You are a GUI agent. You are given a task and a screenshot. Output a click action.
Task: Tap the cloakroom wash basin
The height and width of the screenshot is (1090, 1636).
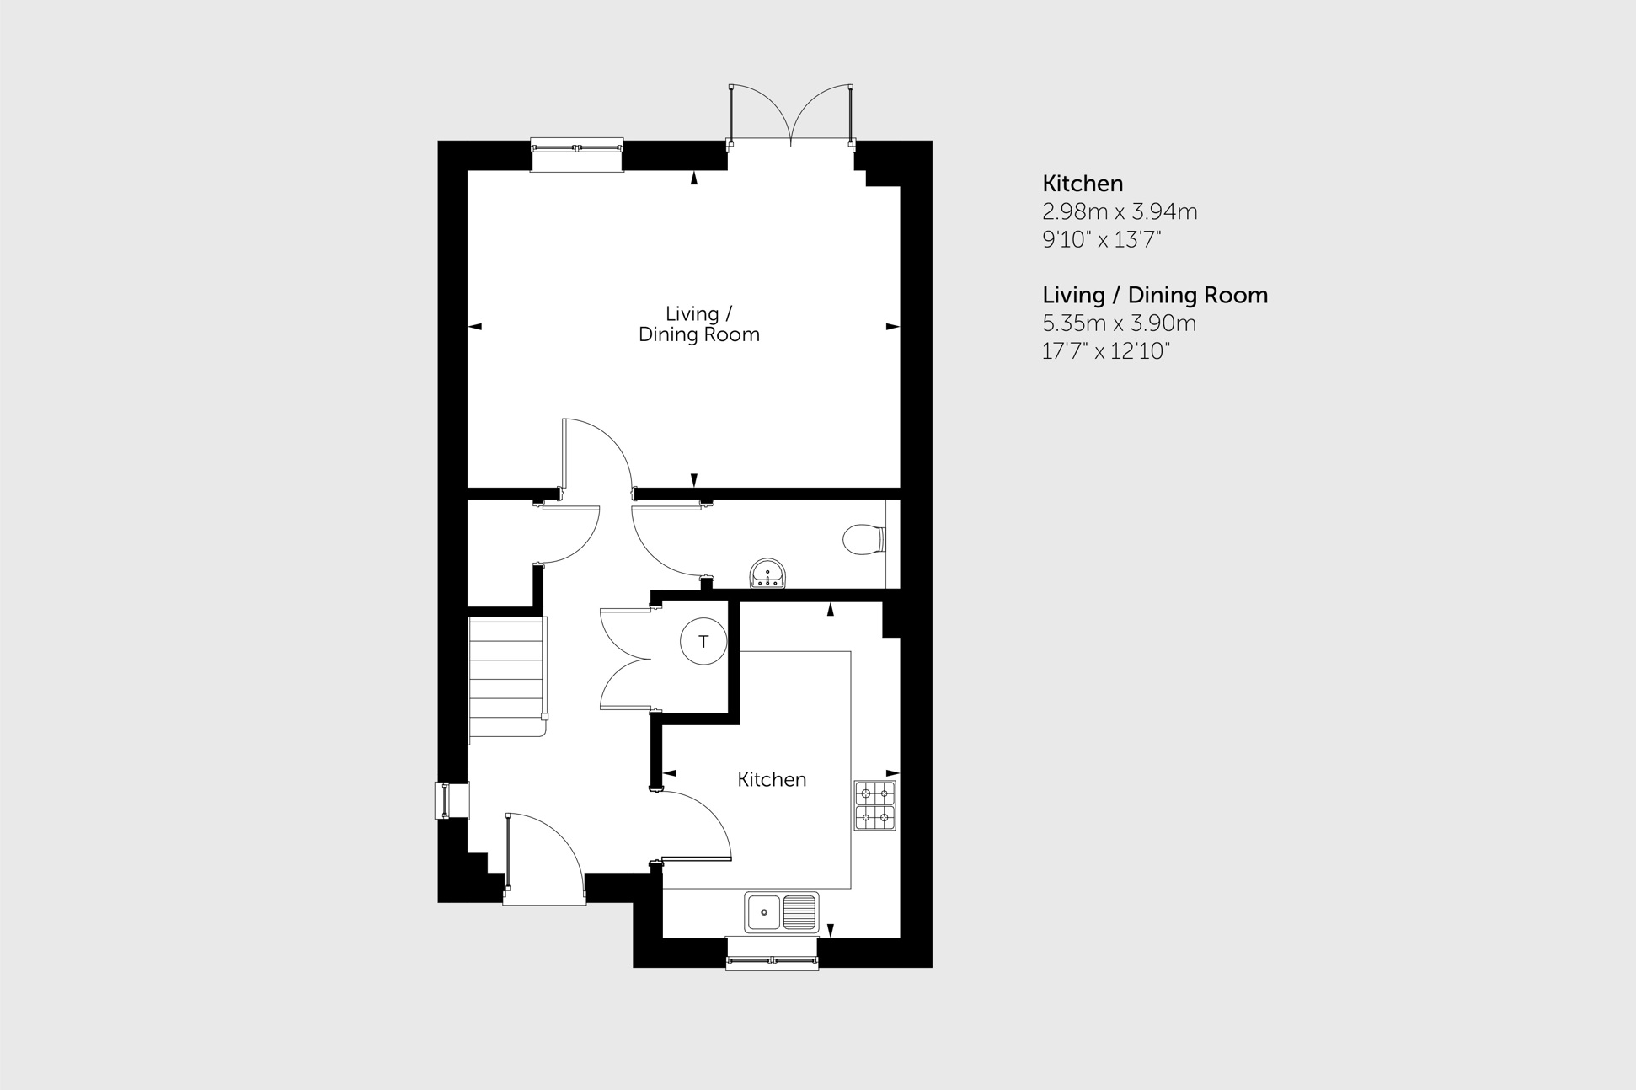tap(767, 574)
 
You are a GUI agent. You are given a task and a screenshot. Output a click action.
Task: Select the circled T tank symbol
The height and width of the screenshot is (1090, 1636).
tap(703, 642)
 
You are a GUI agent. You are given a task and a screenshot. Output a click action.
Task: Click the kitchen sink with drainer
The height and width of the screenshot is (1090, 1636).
tap(781, 911)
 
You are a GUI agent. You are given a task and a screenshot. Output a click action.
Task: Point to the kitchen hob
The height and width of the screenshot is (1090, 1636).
tap(875, 806)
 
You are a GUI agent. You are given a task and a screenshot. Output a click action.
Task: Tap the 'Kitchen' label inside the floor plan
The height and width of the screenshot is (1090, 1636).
tap(772, 780)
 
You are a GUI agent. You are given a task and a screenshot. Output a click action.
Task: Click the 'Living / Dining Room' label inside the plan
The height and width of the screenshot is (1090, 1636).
tap(698, 324)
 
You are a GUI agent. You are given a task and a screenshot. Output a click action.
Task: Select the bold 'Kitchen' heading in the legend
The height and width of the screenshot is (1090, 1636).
tap(1083, 184)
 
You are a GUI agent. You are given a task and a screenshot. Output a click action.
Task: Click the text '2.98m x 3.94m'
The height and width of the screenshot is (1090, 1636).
tap(1120, 211)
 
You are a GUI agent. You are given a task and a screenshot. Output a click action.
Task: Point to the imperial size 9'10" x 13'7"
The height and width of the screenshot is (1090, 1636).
tap(1102, 240)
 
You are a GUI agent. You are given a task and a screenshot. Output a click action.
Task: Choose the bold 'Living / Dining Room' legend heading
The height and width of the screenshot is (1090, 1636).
tap(1155, 296)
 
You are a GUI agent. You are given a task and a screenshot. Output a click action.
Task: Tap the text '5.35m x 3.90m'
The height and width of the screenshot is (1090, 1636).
tap(1119, 323)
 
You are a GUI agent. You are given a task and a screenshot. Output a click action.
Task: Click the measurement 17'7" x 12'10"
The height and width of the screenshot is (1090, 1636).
tap(1106, 351)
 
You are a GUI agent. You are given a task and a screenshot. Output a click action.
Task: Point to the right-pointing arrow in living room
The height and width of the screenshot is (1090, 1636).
tap(892, 327)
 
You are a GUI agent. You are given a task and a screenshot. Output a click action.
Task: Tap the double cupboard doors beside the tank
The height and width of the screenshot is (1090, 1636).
tap(625, 659)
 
